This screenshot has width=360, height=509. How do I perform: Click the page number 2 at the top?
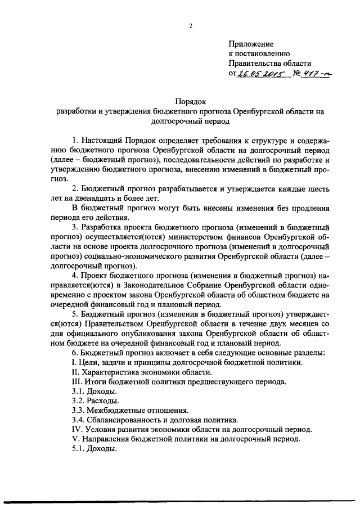click(191, 25)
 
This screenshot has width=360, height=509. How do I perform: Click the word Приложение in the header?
click(251, 44)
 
